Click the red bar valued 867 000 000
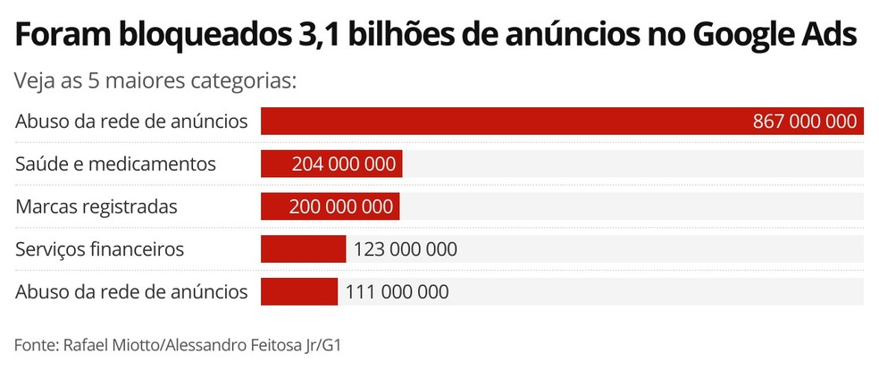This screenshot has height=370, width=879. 500,122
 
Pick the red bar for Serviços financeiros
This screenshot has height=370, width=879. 303,248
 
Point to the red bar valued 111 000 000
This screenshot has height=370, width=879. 298,291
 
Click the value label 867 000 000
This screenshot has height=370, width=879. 805,122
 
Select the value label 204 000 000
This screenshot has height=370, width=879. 344,164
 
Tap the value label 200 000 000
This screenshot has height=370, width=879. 341,206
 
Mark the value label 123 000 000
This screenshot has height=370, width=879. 406,248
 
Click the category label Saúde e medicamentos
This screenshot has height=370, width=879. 116,164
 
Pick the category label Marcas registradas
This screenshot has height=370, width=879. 96,206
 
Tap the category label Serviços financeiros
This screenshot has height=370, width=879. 100,248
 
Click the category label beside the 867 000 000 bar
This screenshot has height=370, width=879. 131,122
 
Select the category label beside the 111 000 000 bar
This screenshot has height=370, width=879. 131,291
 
